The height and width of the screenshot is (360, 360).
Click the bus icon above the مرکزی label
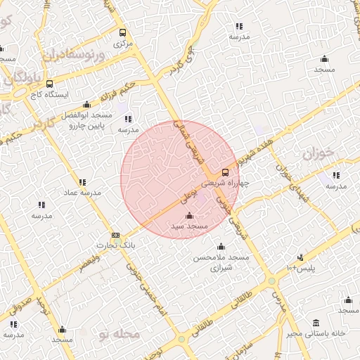tap(123, 32)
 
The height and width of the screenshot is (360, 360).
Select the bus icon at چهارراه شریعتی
tap(225, 172)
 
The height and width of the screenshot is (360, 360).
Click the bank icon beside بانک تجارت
tap(116, 236)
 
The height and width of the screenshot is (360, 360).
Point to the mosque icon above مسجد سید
tap(188, 216)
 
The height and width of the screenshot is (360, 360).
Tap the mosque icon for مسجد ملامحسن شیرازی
tap(221, 246)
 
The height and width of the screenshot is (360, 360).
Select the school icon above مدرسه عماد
tap(83, 181)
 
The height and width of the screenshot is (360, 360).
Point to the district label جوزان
tap(316, 153)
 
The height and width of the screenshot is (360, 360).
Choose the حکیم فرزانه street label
tap(117, 89)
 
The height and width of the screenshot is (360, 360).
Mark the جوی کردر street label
tap(180, 62)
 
